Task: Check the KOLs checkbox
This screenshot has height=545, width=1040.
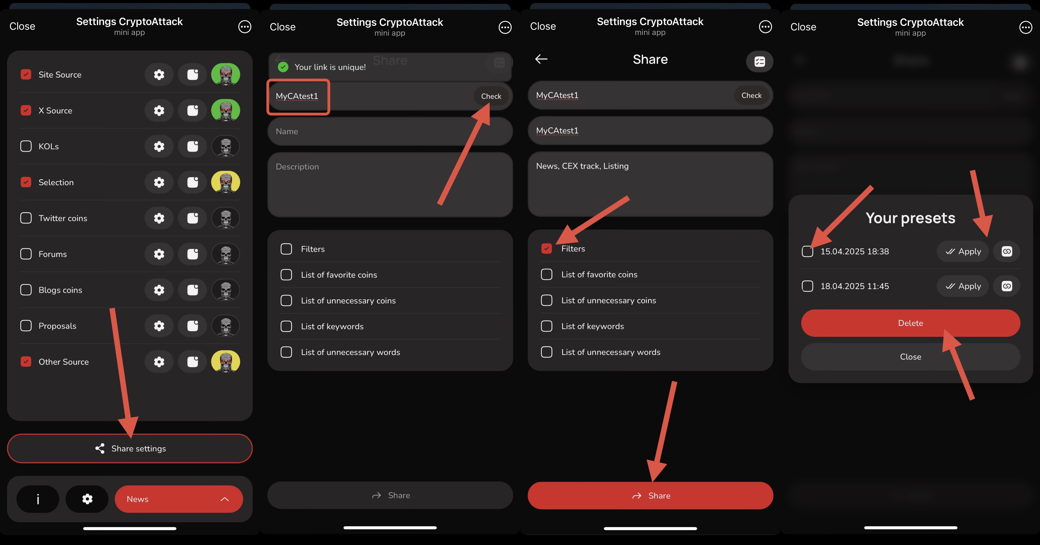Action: (26, 146)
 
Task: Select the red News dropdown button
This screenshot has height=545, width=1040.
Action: (179, 499)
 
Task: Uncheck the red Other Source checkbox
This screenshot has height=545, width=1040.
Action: (26, 361)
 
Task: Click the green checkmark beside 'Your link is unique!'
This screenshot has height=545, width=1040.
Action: (283, 67)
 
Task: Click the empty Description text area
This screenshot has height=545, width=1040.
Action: (390, 184)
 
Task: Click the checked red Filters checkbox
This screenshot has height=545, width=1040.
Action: (547, 248)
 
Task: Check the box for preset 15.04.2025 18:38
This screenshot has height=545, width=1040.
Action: (807, 251)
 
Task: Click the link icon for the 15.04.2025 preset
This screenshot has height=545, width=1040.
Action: (1007, 251)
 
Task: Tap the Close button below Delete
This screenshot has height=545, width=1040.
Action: (911, 357)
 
